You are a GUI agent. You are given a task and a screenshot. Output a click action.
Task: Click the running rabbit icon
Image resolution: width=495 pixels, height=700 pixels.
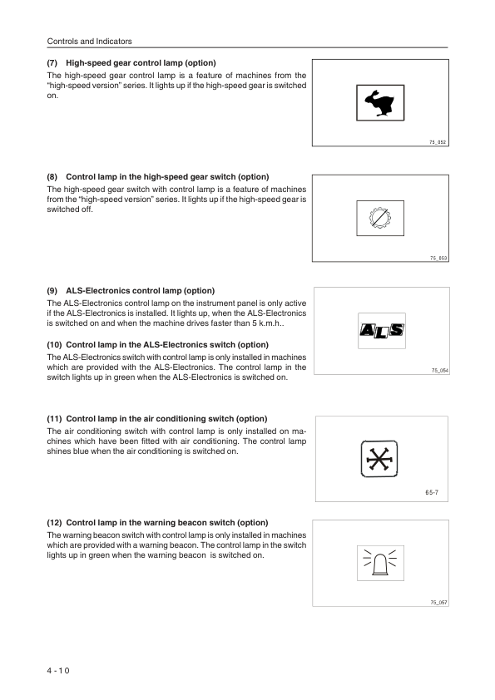tap(379, 103)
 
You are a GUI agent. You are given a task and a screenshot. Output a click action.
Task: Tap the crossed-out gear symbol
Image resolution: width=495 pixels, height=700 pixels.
tap(379, 219)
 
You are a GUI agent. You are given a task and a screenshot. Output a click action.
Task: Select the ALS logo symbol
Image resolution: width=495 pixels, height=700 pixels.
tap(382, 331)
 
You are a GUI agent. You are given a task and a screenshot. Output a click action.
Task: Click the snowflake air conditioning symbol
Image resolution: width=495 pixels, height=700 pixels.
tap(379, 459)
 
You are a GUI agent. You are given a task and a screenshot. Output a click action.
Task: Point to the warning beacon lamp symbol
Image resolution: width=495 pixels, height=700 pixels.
tap(380, 563)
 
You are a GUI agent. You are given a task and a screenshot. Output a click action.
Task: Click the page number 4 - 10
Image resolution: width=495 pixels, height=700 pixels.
tap(58, 671)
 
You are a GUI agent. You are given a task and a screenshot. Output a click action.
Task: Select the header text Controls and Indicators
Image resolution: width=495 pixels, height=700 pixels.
tap(89, 41)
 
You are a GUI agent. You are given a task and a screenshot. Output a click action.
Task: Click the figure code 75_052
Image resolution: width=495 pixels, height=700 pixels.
tap(438, 142)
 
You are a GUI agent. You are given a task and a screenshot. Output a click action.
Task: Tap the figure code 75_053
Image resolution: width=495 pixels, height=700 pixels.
tap(438, 258)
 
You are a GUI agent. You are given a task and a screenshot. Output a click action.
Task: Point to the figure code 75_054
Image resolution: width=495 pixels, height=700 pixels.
tap(440, 371)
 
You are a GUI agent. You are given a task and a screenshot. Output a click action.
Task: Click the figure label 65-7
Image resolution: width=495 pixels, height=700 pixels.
tap(432, 492)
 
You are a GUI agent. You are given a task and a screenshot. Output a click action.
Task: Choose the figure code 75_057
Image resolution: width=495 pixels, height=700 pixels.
tap(438, 603)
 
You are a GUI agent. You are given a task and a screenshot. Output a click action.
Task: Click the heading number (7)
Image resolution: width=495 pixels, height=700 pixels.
tap(52, 63)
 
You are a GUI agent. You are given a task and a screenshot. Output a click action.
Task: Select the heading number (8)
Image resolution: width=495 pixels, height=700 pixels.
tap(52, 177)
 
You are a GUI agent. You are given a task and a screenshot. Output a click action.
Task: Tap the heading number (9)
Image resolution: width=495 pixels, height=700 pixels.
tap(52, 291)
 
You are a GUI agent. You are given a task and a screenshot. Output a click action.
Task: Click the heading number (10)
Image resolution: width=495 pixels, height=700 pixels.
tap(55, 345)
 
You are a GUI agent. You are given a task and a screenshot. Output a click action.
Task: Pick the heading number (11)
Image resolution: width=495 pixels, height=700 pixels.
tap(55, 419)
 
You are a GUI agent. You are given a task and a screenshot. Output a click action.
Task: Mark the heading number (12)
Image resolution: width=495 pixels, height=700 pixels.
tap(55, 523)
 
